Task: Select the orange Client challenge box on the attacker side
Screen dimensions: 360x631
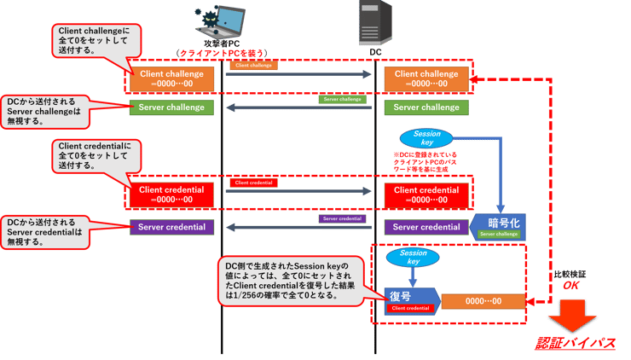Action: pos(171,78)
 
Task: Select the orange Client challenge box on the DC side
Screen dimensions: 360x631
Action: pos(426,78)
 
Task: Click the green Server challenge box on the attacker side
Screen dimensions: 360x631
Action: pos(171,107)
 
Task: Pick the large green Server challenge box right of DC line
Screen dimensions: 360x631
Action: pos(426,107)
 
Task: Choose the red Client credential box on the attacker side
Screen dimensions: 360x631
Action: pos(171,195)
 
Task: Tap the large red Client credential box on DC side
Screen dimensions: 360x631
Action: pos(426,195)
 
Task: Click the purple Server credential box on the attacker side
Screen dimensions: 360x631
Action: pos(171,227)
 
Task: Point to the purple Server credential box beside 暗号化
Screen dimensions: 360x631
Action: pos(426,227)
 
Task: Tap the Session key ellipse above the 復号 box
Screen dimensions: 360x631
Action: pos(413,257)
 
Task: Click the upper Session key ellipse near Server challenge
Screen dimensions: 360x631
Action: pos(426,138)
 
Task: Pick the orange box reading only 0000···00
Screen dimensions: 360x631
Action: pos(483,301)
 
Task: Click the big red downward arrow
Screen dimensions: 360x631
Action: pos(576,322)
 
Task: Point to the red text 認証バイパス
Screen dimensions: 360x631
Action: pos(576,344)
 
